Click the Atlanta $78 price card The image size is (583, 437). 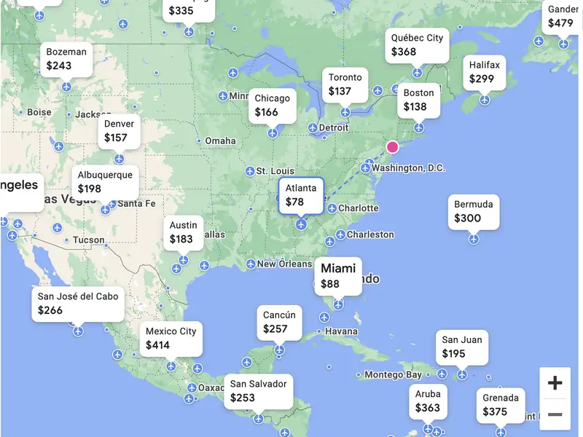pos(301,195)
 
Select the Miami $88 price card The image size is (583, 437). pos(338,276)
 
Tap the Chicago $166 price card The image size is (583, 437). pos(272,106)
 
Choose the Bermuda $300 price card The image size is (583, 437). pos(474,211)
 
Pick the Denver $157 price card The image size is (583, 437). pos(119,131)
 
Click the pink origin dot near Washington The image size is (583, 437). pos(393,147)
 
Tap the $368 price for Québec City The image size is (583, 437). pos(404,52)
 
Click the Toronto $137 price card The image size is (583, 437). pos(345,84)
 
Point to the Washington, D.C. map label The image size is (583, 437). pos(408,168)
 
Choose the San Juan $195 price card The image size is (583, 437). pos(462,347)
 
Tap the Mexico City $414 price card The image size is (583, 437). pos(171,338)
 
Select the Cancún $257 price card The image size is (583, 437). pos(280,322)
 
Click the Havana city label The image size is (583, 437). pos(341,331)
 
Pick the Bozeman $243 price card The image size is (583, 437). pos(66,59)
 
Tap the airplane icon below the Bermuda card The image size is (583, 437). pos(474,239)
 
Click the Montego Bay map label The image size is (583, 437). pos(394,375)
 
